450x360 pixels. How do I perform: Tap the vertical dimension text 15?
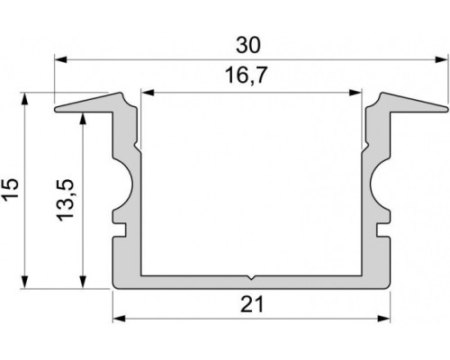10,189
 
